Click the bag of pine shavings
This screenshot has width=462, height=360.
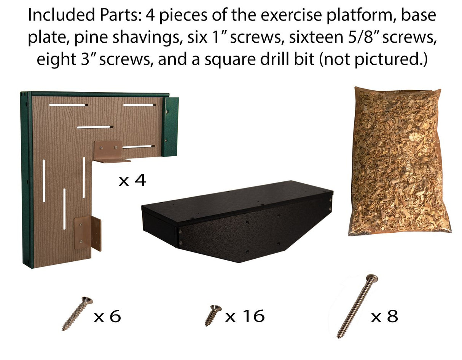[x=400, y=161]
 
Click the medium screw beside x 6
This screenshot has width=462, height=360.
[x=78, y=314]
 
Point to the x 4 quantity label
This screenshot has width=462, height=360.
[x=132, y=181]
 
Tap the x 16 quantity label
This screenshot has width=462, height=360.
[x=245, y=316]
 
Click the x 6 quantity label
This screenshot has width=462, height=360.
[x=107, y=316]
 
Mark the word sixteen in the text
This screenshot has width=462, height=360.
[x=316, y=37]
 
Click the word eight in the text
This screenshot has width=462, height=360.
[x=56, y=60]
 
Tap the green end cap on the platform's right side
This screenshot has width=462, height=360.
[x=170, y=126]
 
